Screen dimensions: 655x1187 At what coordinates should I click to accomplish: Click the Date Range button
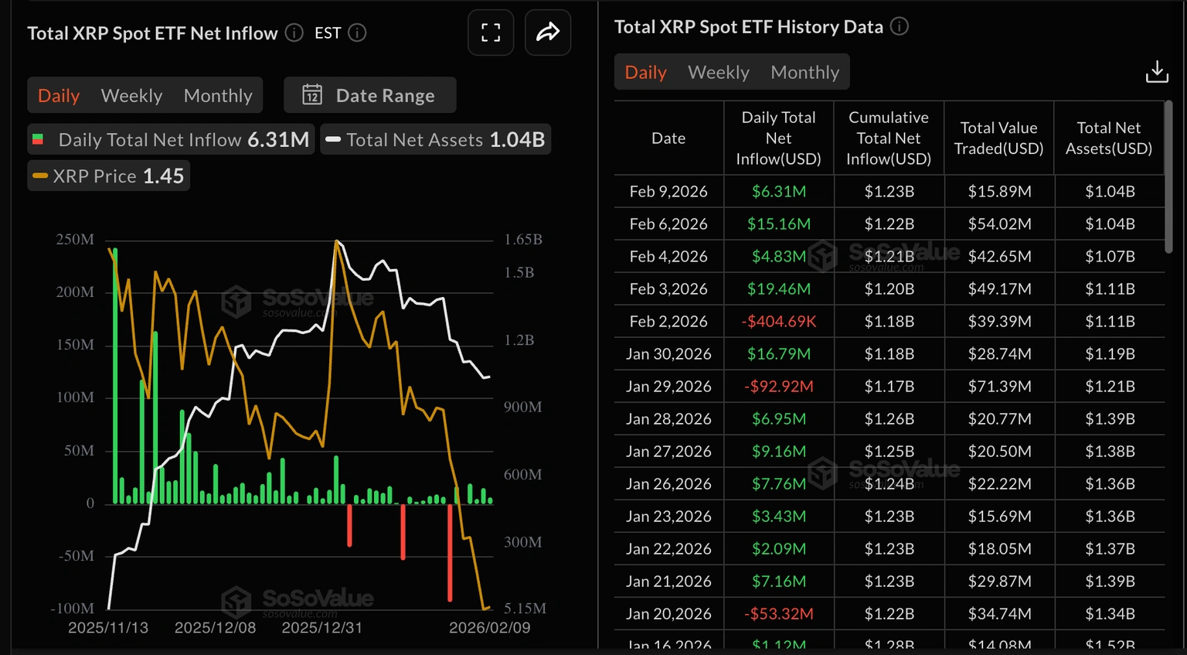369,95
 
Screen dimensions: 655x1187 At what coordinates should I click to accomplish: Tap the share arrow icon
548,32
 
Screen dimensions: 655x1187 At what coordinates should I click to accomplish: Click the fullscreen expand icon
491,32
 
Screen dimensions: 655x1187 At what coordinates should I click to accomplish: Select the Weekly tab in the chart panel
131,95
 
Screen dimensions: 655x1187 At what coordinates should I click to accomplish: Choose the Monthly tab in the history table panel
804,72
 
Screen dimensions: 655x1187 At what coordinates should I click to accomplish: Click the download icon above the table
1156,72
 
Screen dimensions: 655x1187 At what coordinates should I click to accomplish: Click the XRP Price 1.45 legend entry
109,176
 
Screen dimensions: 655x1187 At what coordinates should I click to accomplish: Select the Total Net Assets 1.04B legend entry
436,140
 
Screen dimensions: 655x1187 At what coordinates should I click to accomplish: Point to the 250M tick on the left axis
75,240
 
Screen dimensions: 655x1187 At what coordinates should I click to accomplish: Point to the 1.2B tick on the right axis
519,340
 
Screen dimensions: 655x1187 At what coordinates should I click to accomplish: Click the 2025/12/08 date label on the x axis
215,627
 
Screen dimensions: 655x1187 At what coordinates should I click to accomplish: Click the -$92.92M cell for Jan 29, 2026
778,386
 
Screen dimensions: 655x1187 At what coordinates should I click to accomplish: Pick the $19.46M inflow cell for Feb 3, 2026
778,288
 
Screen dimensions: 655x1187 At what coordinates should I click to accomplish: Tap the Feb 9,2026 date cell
668,191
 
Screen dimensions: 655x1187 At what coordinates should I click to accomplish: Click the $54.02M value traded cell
999,223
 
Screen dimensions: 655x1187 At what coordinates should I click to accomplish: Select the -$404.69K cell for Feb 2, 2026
778,321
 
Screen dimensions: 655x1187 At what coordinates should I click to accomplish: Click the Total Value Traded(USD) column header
998,138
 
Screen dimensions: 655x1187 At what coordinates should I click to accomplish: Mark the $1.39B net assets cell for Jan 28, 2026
1109,418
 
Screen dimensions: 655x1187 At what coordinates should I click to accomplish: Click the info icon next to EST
357,32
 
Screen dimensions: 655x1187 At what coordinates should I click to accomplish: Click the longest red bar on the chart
450,552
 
